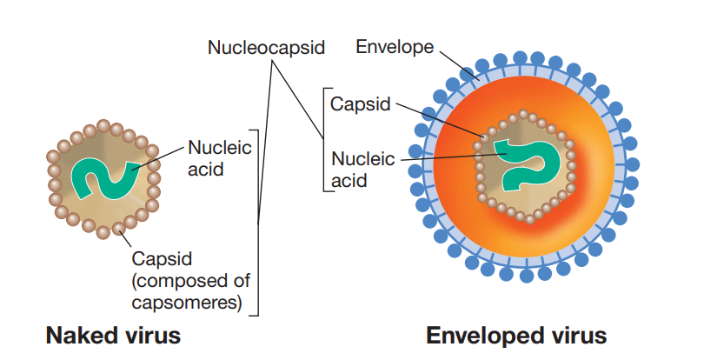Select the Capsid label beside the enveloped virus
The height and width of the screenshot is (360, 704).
click(x=359, y=104)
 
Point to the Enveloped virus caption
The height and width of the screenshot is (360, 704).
click(x=515, y=335)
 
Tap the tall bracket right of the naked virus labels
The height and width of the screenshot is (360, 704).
click(x=260, y=217)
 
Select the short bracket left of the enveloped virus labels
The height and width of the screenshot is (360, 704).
click(x=324, y=139)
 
